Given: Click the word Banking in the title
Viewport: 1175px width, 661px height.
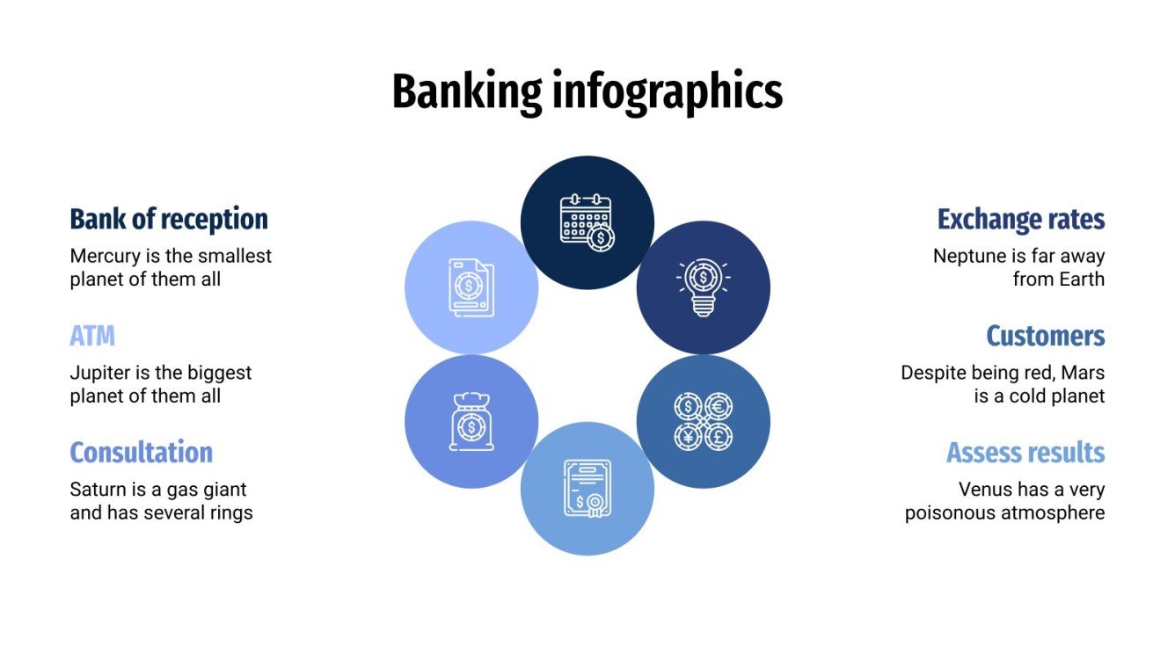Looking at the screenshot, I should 467,91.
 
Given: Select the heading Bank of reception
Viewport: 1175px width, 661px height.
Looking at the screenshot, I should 169,219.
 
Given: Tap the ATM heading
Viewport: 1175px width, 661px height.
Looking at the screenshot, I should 92,336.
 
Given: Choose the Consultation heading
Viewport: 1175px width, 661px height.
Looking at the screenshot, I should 141,453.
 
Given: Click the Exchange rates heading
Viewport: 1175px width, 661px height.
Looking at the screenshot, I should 1020,219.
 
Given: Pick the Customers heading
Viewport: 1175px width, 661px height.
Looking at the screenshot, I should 1045,336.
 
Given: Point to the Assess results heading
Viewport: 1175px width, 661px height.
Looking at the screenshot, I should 1025,453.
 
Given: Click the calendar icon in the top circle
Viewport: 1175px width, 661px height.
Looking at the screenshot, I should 587,222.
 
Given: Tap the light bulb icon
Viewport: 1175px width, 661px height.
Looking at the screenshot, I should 703,287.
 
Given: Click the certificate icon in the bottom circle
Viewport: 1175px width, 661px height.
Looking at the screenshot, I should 587,488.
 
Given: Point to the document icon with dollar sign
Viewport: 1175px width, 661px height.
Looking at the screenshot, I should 471,287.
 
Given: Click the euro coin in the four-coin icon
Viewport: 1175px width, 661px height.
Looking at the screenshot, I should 719,406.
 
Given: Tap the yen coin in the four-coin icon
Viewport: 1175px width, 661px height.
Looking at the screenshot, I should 688,436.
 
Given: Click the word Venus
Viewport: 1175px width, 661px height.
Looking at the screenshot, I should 985,490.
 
